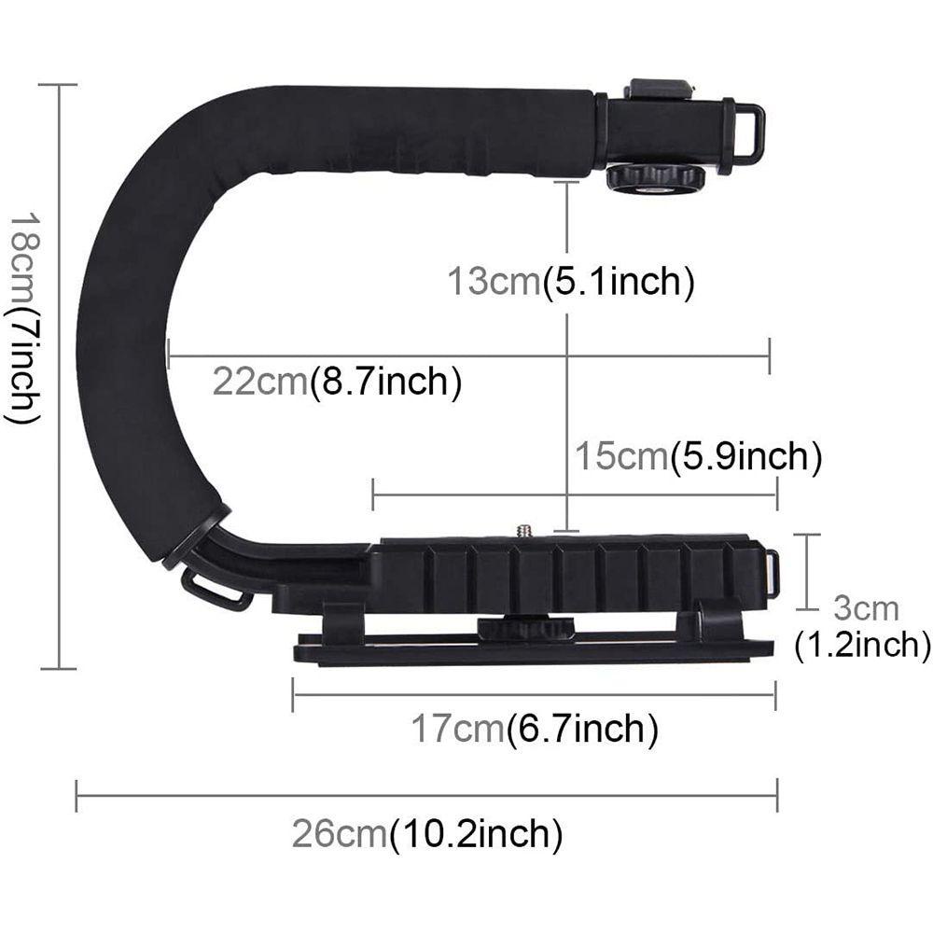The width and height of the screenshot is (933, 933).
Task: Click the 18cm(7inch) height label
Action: (24, 318)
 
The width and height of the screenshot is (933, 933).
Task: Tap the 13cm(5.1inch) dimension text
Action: (571, 282)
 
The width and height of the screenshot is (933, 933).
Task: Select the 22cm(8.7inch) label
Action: (337, 382)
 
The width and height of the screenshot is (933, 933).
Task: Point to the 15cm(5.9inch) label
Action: (698, 456)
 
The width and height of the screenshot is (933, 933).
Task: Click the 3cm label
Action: (866, 608)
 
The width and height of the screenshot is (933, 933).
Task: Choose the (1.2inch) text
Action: (862, 645)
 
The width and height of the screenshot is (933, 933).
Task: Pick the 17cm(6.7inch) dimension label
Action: (535, 729)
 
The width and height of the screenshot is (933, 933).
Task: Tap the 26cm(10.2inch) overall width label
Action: (427, 833)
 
